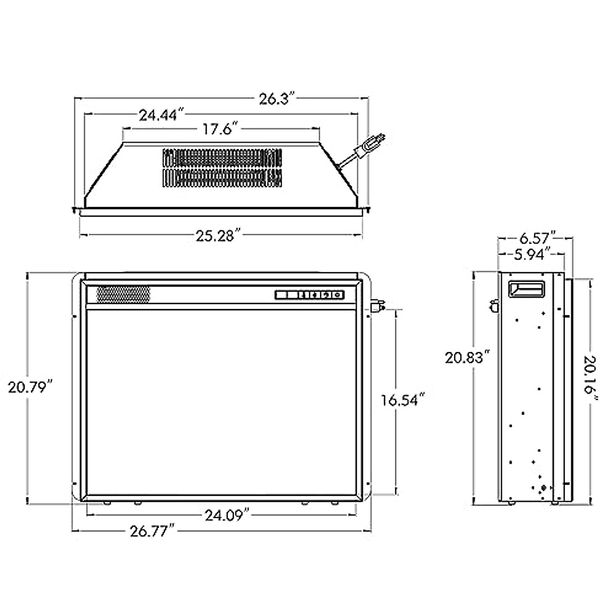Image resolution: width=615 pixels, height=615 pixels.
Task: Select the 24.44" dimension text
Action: click(162, 115)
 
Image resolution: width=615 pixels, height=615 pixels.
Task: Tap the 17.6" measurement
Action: click(220, 129)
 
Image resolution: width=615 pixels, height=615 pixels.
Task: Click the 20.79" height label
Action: click(31, 387)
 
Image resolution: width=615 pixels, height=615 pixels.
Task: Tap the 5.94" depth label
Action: click(532, 254)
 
